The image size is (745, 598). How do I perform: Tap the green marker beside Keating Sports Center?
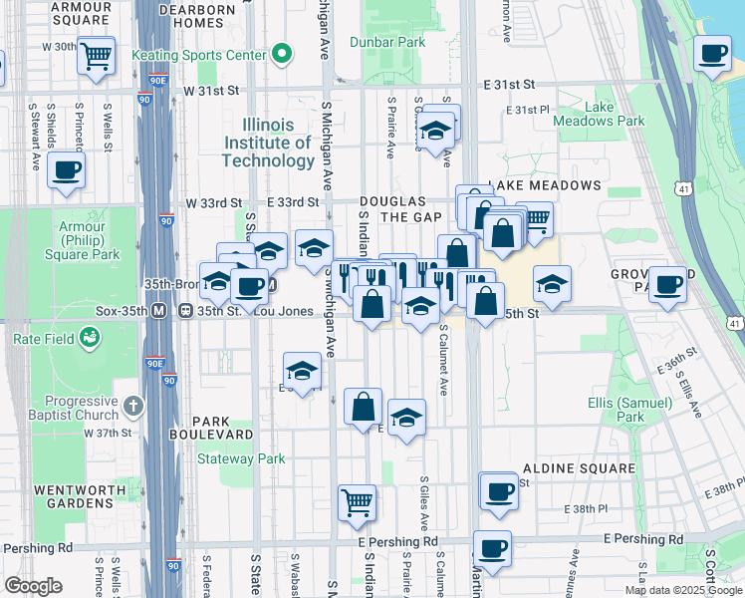[x=283, y=53]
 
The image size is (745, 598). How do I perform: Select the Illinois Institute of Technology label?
[x=268, y=143]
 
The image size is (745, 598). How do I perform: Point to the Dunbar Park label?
[x=388, y=43]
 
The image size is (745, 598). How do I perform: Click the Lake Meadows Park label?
[x=615, y=114]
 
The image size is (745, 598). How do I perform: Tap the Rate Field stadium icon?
[x=92, y=339]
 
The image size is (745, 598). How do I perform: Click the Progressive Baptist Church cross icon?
[x=134, y=408]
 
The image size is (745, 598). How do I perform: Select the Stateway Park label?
[x=241, y=459]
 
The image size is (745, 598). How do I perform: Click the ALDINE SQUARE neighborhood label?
[x=579, y=468]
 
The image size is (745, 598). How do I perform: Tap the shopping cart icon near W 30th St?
[x=97, y=58]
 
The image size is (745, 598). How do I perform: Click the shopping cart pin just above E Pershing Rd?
[x=357, y=503]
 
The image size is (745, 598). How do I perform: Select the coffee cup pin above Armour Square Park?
[x=66, y=169]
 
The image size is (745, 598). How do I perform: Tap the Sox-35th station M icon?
[x=158, y=311]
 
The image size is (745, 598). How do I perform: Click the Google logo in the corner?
[x=33, y=586]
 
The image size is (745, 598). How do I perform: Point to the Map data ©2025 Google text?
[x=682, y=590]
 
